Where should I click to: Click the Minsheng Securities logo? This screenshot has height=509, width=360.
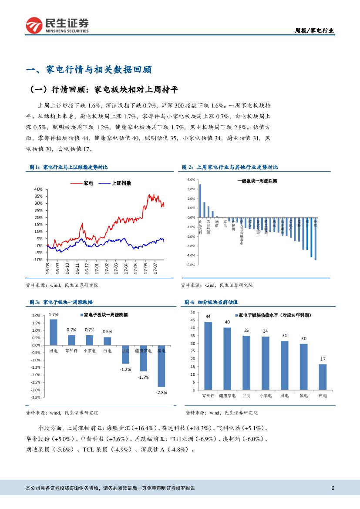coord(57,25)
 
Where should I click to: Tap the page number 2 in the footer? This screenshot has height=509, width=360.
coord(333,488)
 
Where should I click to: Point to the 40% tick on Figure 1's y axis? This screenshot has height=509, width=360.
coord(38,189)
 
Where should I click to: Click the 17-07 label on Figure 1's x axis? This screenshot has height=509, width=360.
coord(155,266)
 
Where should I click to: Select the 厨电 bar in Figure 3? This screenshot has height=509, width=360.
coord(53,332)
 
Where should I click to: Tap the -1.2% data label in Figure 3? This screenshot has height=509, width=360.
coord(125,369)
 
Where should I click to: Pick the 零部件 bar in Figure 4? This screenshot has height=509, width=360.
coord(208,356)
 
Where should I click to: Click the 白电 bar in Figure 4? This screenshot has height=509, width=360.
coord(323,377)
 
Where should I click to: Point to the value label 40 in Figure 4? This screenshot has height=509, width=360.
coord(227,322)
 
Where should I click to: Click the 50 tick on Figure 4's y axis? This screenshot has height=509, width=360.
coord(193,313)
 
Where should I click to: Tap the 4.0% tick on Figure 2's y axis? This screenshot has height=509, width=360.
coord(190,180)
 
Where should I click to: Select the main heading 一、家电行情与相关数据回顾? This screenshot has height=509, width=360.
coord(89,70)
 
